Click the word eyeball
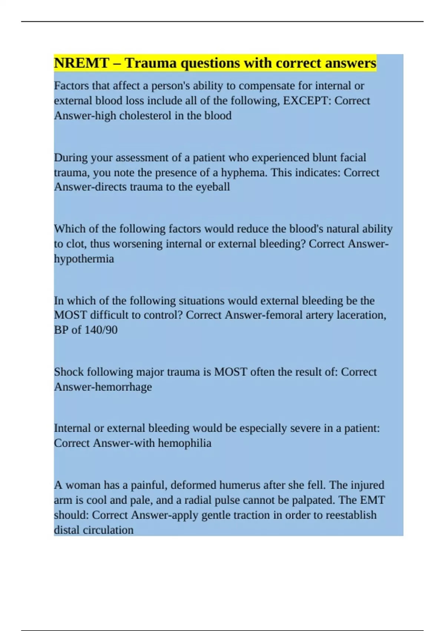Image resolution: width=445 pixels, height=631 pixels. click(x=213, y=187)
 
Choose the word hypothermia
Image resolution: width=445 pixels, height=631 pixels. click(x=84, y=259)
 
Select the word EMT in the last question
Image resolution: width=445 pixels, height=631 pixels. click(x=372, y=500)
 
